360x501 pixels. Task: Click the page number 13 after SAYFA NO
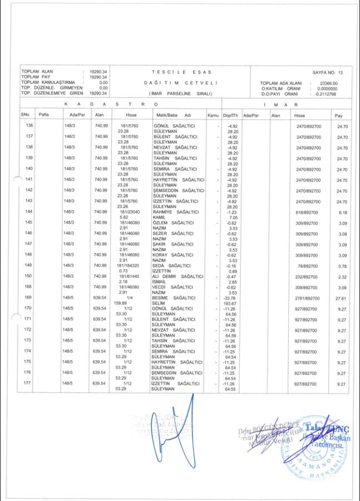pos(341,73)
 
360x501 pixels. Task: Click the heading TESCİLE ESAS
pos(181,72)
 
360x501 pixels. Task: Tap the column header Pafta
pos(45,115)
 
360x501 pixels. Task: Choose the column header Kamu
pos(213,115)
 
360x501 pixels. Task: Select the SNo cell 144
pos(29,212)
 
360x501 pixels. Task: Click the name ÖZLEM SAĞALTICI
pos(173,223)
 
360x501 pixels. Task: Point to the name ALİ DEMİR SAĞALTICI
pos(177,276)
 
